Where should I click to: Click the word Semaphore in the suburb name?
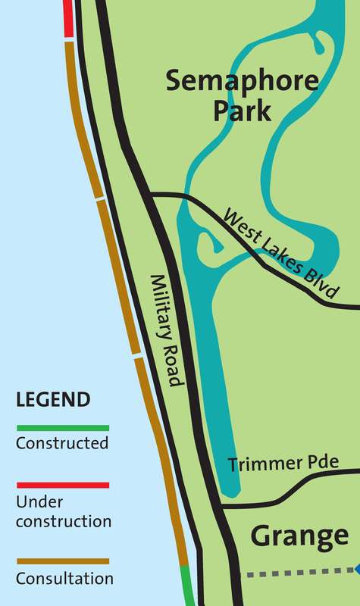pyautogui.click(x=218, y=80)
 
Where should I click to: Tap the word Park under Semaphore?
pyautogui.click(x=242, y=111)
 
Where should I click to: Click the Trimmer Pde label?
pyautogui.click(x=283, y=464)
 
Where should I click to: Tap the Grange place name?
pyautogui.click(x=300, y=536)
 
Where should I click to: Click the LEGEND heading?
pyautogui.click(x=53, y=399)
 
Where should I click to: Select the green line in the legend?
pyautogui.click(x=62, y=428)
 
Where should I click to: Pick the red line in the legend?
pyautogui.click(x=62, y=485)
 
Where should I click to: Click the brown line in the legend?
pyautogui.click(x=62, y=561)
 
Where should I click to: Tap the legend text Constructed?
pyautogui.click(x=62, y=444)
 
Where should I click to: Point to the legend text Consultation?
pyautogui.click(x=65, y=579)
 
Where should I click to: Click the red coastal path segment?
pyautogui.click(x=68, y=19)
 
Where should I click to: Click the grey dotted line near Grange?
pyautogui.click(x=296, y=573)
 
